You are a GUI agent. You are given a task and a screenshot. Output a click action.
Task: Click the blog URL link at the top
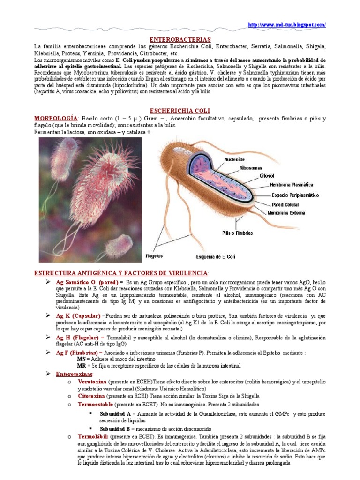[x=286, y=24]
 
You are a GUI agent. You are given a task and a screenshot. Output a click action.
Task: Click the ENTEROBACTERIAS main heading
[x=180, y=40]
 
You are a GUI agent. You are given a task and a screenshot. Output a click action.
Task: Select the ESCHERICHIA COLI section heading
[x=180, y=110]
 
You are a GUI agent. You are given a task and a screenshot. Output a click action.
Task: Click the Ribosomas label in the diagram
[x=250, y=167]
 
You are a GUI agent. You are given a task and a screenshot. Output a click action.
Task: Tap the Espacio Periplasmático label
[x=295, y=195]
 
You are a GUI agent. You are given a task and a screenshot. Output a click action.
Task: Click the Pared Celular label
[x=286, y=205]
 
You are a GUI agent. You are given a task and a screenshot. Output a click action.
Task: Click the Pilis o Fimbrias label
[x=237, y=232]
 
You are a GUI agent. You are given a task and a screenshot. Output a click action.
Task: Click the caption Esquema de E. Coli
[x=216, y=256]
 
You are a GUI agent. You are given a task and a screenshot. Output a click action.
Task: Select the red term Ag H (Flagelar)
[x=80, y=337]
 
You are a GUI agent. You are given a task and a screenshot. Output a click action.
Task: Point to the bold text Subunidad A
[x=115, y=414]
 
